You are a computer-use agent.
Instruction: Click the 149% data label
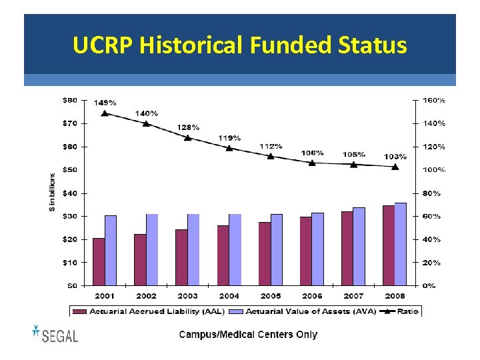105,103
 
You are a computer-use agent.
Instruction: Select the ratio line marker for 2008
395,167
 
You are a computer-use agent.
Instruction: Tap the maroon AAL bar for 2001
99,261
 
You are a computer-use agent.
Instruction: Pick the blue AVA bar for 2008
400,244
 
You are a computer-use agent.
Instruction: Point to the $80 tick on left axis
69,100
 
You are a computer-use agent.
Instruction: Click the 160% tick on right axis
434,100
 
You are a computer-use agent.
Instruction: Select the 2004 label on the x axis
229,295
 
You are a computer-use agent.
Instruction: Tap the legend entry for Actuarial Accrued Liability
148,311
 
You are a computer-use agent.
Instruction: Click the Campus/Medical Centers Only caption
248,335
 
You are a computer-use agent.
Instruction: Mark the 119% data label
229,138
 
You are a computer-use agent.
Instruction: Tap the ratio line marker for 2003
188,138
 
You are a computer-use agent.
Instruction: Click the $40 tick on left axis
69,193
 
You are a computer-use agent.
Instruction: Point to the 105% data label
353,154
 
